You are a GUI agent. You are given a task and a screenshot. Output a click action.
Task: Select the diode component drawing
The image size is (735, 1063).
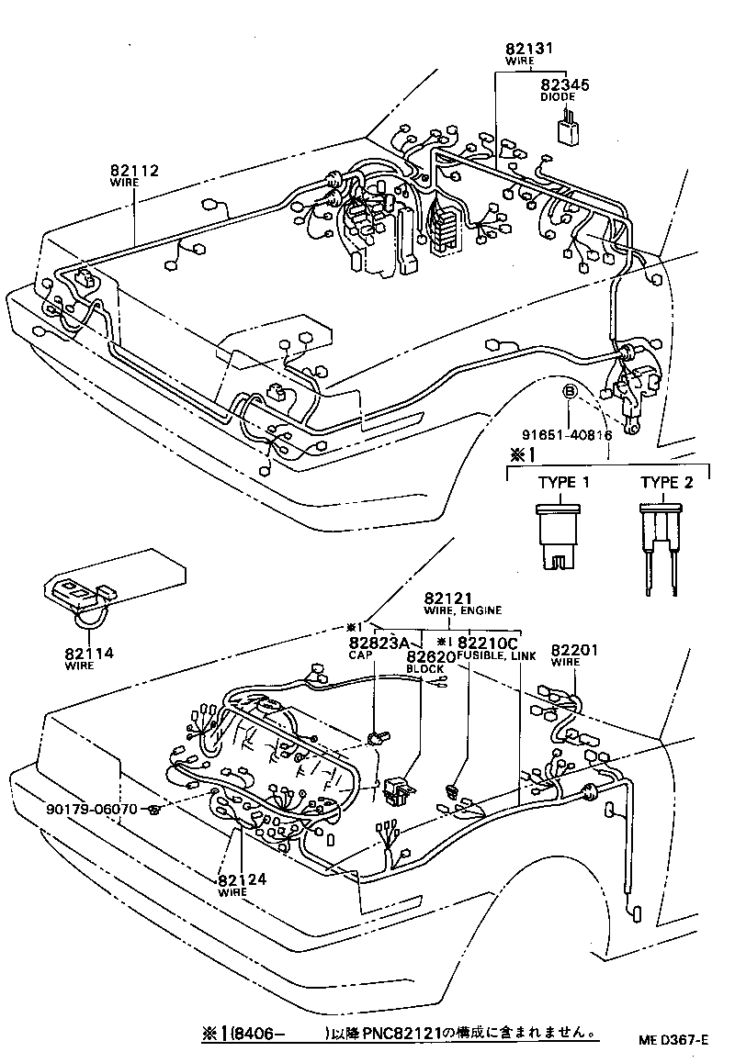(x=569, y=128)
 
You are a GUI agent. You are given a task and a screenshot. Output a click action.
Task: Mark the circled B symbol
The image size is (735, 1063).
(x=569, y=392)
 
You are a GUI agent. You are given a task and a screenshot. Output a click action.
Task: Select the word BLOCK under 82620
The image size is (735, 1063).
(x=425, y=669)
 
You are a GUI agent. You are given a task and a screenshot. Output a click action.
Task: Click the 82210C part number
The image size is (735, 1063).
(x=488, y=643)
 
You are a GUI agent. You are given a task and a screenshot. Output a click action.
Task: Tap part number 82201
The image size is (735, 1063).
(x=574, y=650)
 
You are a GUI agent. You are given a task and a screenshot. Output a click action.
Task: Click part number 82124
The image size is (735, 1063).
(x=242, y=879)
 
